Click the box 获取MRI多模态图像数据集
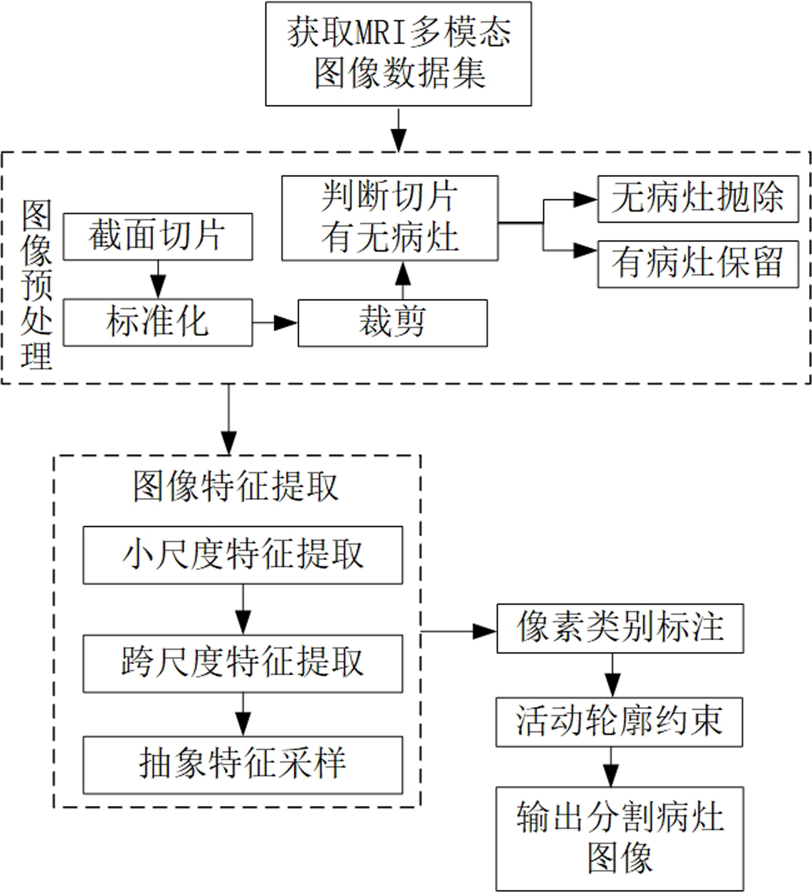coord(398,53)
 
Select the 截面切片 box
coord(157,237)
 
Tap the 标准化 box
coord(157,322)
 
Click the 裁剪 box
coord(392,323)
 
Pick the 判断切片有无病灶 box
coord(389,218)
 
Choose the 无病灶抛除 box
coord(698,199)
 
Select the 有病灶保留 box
coord(698,264)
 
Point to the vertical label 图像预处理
coord(36,285)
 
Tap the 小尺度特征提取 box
coord(243,555)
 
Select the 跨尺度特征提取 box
coord(243,663)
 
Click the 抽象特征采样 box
coord(243,764)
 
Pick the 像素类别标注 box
coord(620,629)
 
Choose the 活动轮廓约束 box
coord(619,722)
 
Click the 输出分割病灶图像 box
coord(619,839)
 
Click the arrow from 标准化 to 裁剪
coord(275,322)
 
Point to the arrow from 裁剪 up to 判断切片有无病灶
coord(402,280)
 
